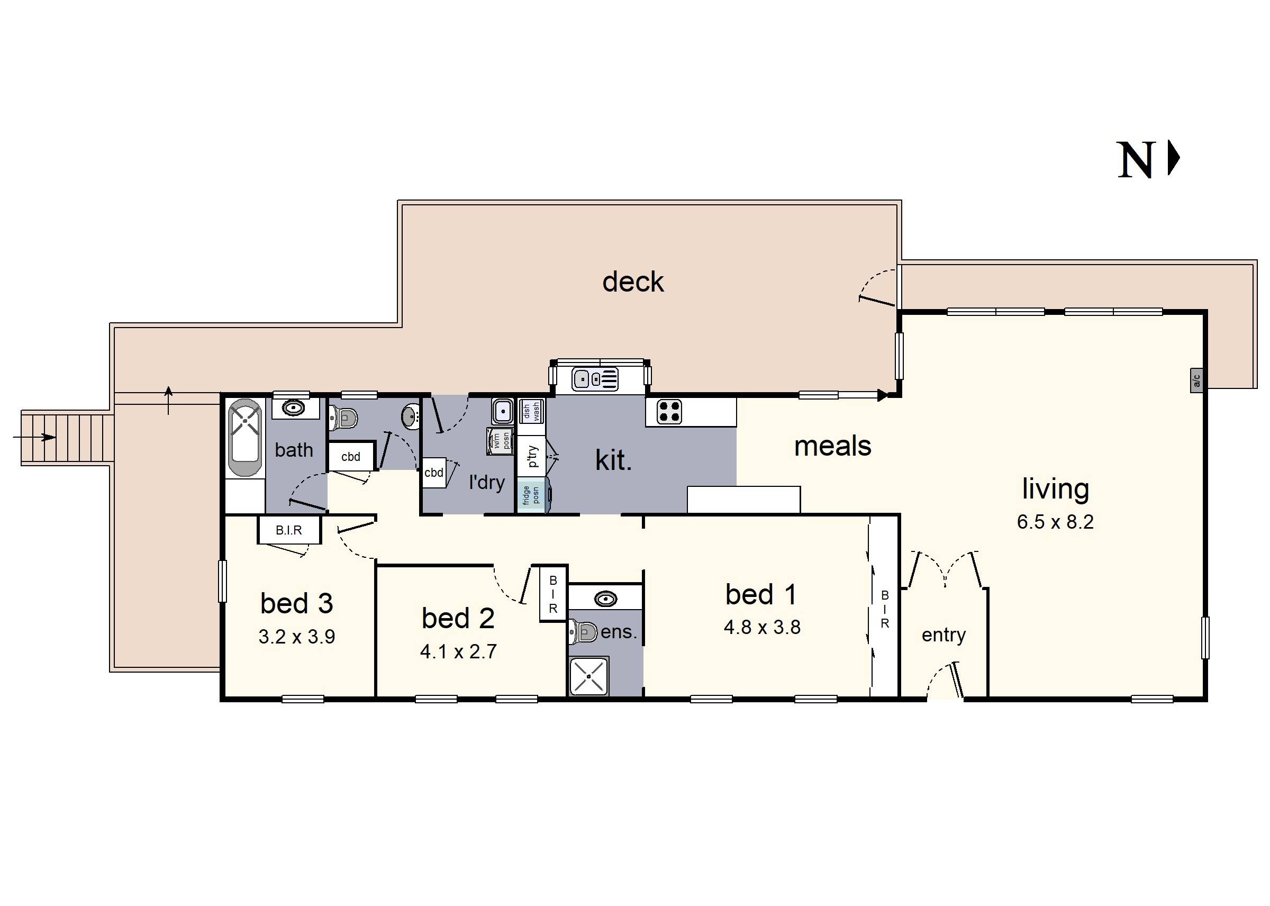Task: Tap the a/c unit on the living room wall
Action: tap(1196, 380)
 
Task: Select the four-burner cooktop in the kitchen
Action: tap(669, 411)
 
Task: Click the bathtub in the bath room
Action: tap(245, 437)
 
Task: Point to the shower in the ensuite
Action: tap(588, 676)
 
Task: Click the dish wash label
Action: tap(531, 411)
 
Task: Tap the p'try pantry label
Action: tap(533, 456)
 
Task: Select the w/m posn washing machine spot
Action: tap(500, 441)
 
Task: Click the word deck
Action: tap(633, 282)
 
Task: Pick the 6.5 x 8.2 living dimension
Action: tap(1055, 522)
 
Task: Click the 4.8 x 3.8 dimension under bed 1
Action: tap(762, 627)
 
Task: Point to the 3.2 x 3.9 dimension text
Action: tap(297, 637)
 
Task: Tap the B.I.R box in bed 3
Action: tap(289, 530)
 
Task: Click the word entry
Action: tap(943, 635)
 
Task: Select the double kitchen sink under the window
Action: tap(595, 379)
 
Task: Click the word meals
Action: tap(832, 446)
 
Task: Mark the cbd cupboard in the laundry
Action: tap(434, 473)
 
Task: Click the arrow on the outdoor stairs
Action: tap(34, 437)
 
